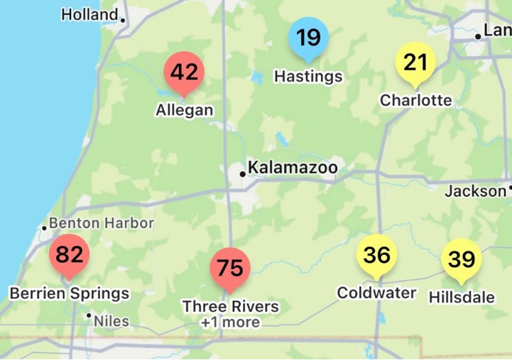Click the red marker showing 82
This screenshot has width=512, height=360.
coord(69,254)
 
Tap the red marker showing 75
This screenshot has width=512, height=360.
coord(230,268)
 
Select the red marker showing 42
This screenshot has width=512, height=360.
coord(184,72)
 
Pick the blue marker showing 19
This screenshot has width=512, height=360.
coord(308,38)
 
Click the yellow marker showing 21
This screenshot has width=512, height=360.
coord(415,62)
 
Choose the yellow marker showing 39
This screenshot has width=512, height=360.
coord(462,259)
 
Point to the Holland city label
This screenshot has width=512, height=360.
coord(89,14)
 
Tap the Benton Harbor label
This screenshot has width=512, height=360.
coord(101,223)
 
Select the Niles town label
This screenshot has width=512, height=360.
coord(112,321)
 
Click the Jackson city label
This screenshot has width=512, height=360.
coord(475,191)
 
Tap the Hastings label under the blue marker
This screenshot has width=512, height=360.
coord(308,76)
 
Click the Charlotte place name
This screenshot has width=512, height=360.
coord(415,100)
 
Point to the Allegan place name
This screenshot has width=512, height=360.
coord(184,110)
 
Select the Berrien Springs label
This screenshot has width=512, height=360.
coord(69,293)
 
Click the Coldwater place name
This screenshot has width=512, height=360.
coord(376,293)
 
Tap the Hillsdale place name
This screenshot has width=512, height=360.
coord(462,297)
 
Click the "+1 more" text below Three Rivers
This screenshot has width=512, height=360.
coord(230,322)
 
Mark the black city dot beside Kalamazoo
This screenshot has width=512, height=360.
coord(242,173)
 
